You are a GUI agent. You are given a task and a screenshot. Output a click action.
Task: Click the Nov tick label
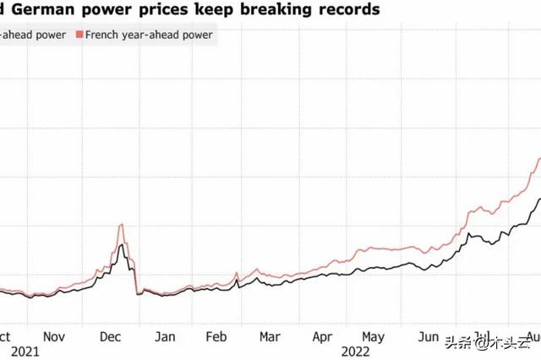(x=54, y=335)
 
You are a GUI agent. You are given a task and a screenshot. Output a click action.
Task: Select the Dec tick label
(x=111, y=335)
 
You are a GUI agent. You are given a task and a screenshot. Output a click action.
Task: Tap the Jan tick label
(x=165, y=335)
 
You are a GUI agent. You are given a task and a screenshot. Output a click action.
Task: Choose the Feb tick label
(x=217, y=335)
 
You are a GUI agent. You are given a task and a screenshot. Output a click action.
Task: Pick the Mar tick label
(x=270, y=335)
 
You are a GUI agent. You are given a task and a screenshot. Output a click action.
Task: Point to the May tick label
(x=374, y=335)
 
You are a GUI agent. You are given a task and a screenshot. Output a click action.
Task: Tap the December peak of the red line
(x=123, y=225)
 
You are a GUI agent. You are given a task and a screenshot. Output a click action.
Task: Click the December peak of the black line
(x=123, y=244)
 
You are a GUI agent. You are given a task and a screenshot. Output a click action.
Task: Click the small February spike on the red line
(x=236, y=273)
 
